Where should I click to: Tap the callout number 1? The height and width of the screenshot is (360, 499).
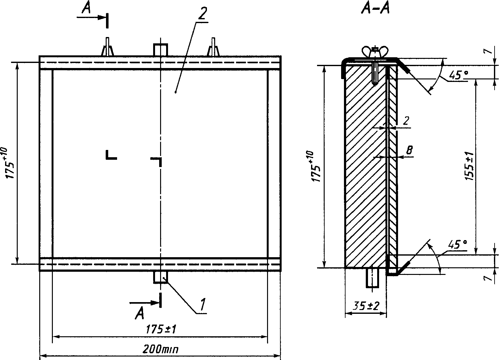[x=203, y=305]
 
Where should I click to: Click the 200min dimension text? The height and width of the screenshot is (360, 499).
[x=160, y=350]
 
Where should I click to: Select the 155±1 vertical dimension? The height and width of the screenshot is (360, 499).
[x=470, y=166]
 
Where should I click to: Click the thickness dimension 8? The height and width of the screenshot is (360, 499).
[x=409, y=150]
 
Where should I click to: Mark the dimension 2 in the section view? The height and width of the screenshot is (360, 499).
[x=407, y=120]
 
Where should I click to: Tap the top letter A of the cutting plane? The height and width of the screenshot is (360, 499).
[x=86, y=9]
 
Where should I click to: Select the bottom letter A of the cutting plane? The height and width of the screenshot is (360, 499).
[x=140, y=314]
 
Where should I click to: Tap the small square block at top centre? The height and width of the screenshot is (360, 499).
[x=161, y=50]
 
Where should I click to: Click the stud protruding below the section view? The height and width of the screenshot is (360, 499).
[x=373, y=278]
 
